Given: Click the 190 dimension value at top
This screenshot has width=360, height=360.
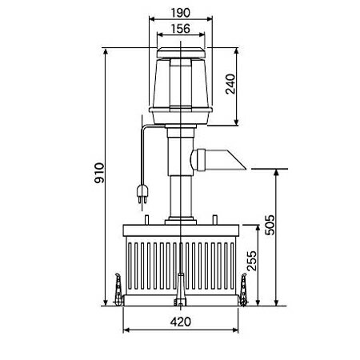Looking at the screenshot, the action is pos(181,13).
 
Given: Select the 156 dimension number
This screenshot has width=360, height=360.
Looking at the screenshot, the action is pos(181,29).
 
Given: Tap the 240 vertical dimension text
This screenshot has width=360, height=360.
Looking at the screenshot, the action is pos(230,84).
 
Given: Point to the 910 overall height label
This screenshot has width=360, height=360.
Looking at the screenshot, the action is pos(99,173).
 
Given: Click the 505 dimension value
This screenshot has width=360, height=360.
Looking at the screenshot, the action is pos(270,225).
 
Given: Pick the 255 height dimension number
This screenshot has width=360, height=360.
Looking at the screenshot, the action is pos(252,261).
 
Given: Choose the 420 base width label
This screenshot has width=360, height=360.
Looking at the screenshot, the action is pos(181,322).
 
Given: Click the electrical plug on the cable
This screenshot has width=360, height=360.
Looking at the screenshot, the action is pos(142,194).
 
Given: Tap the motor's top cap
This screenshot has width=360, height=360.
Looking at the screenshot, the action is pos(181,53).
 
